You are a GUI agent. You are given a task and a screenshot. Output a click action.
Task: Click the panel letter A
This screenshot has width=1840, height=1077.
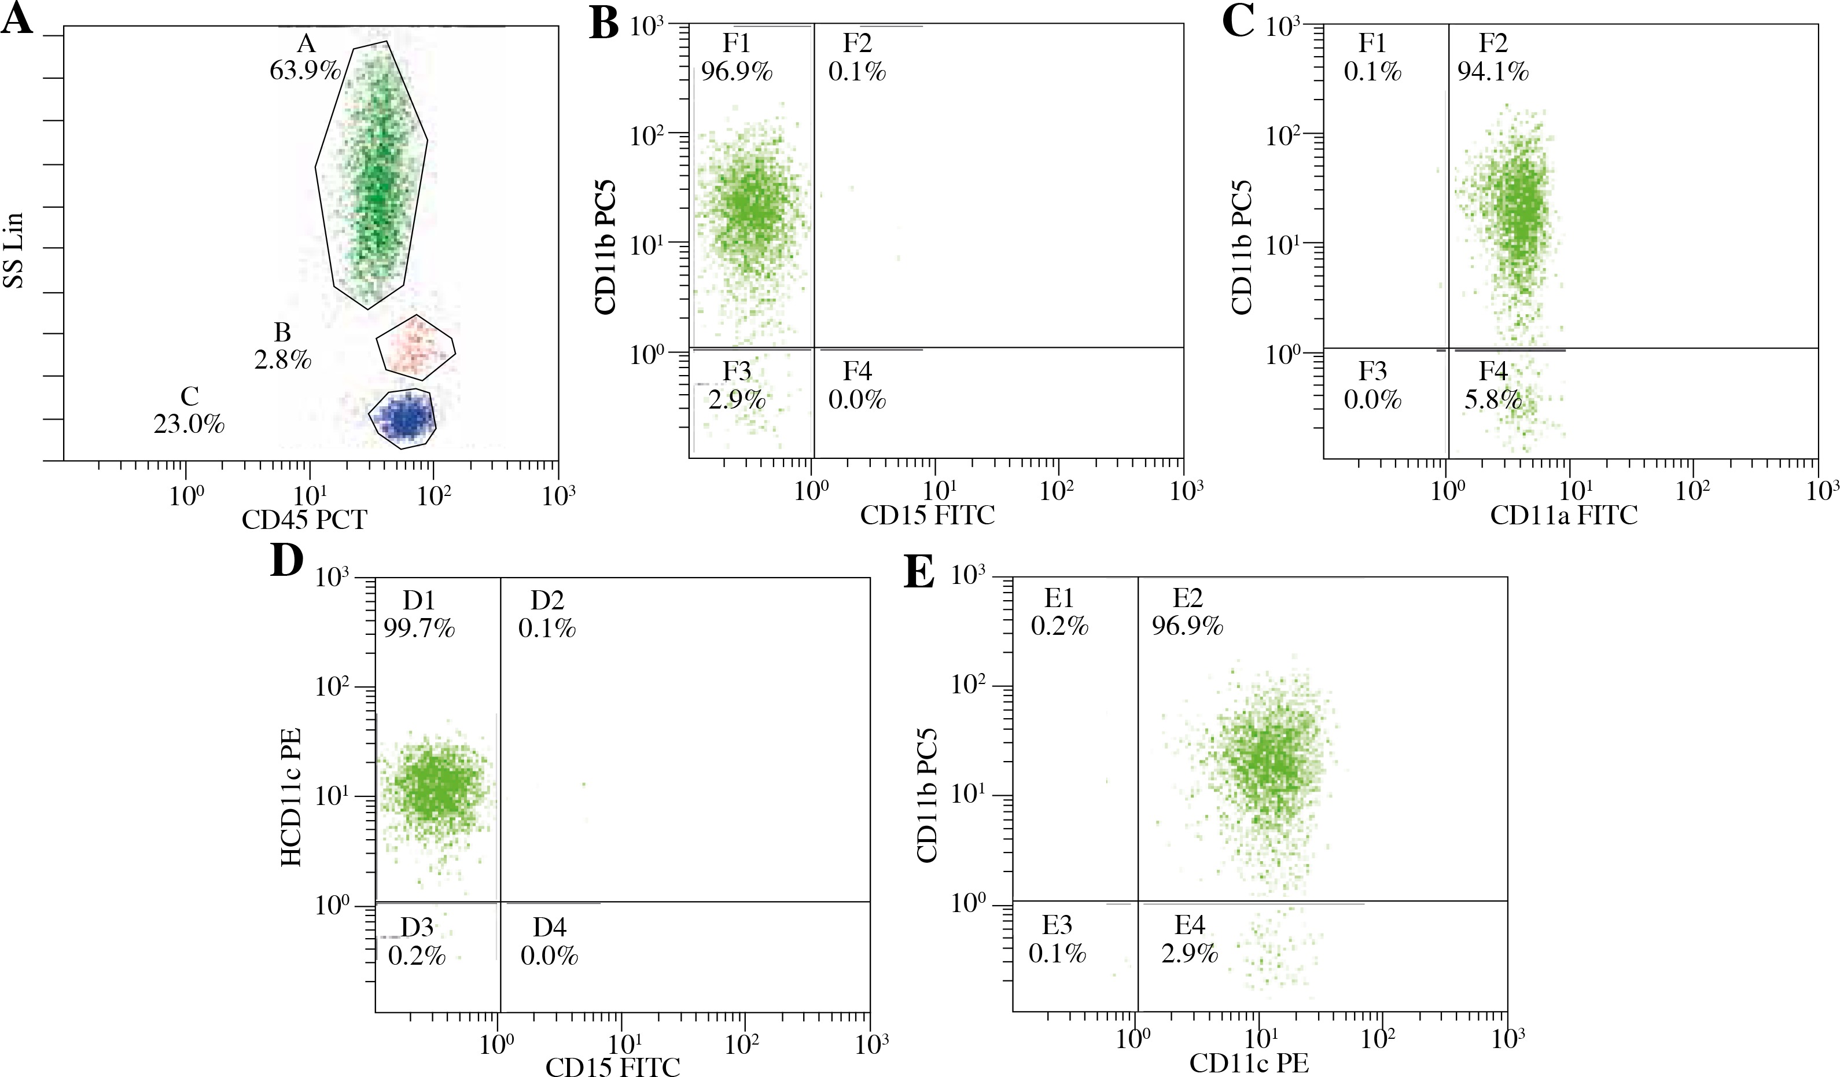pos(17,19)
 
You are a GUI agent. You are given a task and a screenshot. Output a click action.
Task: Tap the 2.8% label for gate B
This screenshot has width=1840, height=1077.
pos(282,360)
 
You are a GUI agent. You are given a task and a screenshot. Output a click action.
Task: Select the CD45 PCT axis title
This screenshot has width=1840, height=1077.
pos(304,520)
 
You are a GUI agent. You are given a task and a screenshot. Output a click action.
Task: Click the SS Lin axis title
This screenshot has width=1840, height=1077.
pos(14,251)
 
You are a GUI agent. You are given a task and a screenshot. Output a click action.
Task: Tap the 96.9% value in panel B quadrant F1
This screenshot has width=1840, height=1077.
pos(737,72)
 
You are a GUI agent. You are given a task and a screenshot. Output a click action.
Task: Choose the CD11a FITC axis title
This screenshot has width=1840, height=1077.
pos(1563,516)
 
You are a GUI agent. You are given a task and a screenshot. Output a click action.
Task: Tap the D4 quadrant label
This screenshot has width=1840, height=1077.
pos(549,927)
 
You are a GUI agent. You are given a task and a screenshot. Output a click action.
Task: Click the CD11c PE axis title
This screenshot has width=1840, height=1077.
pos(1249,1063)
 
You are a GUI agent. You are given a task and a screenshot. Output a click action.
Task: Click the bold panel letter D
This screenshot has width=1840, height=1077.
pos(286,561)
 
